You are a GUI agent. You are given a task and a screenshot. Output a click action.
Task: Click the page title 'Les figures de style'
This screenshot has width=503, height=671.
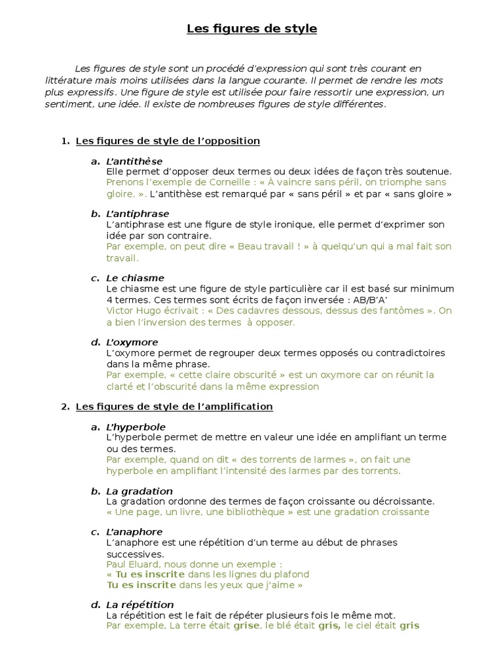[x=251, y=29]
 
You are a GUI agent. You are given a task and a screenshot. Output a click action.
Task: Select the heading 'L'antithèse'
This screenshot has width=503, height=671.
[x=134, y=161]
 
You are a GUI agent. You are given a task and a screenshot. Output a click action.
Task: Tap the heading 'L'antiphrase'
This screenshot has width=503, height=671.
[x=138, y=214]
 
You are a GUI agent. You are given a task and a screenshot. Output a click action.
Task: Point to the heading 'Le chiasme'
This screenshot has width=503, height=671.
[x=135, y=278]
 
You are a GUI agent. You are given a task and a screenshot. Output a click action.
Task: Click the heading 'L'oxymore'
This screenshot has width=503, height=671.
[x=132, y=342]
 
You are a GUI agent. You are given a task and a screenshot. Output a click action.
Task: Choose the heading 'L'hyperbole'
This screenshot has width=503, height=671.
[x=136, y=427]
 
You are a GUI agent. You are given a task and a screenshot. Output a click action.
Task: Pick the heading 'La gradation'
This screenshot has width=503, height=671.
[x=139, y=491]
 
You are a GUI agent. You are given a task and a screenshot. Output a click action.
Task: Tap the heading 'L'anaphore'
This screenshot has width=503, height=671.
[x=134, y=532]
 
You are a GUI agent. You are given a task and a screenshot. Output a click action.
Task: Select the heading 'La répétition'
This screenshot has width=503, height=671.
[x=140, y=605]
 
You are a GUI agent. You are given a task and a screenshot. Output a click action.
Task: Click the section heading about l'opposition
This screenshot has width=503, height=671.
[x=168, y=141]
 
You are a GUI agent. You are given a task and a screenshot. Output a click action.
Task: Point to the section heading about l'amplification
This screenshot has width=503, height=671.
[x=174, y=406]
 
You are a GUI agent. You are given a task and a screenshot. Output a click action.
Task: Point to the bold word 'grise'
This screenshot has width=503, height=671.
[x=246, y=626]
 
